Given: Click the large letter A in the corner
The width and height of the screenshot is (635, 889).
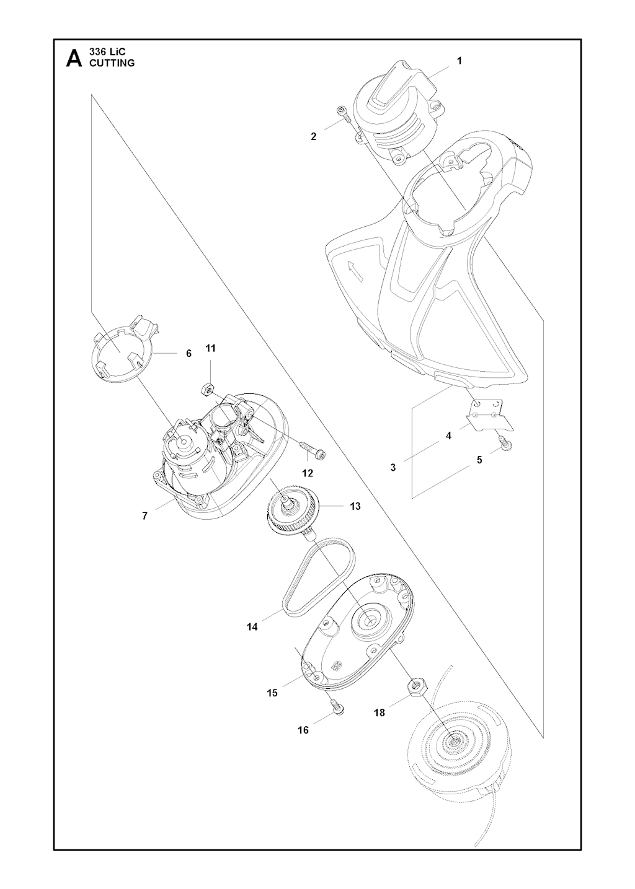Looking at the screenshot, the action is pyautogui.click(x=74, y=59).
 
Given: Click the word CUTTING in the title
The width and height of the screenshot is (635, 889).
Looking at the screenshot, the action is pyautogui.click(x=112, y=63).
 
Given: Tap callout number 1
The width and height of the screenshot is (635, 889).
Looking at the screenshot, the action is pyautogui.click(x=460, y=61).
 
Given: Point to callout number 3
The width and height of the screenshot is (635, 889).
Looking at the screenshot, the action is pyautogui.click(x=393, y=468).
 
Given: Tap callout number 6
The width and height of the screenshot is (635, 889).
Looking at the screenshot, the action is pyautogui.click(x=189, y=353).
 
